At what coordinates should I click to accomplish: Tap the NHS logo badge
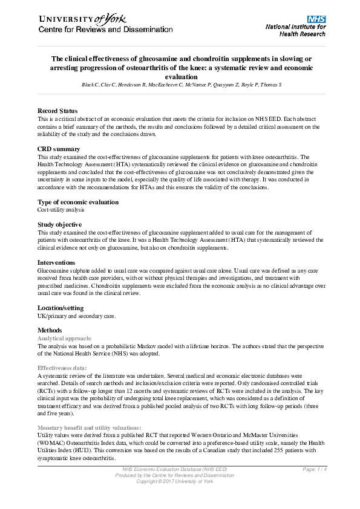[315, 19]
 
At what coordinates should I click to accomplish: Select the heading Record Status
[57, 111]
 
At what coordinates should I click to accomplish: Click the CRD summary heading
[59, 149]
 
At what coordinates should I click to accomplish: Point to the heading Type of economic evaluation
[78, 202]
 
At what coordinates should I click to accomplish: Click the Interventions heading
[58, 262]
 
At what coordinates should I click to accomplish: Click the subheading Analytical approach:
[65, 338]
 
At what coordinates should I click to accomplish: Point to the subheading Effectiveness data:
[62, 368]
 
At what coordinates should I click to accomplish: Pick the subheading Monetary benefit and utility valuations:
[89, 427]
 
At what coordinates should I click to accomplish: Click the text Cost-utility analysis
[61, 210]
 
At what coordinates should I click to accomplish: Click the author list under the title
[181, 85]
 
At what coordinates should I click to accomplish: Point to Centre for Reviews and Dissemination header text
[106, 30]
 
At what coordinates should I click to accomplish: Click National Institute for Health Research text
[296, 31]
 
